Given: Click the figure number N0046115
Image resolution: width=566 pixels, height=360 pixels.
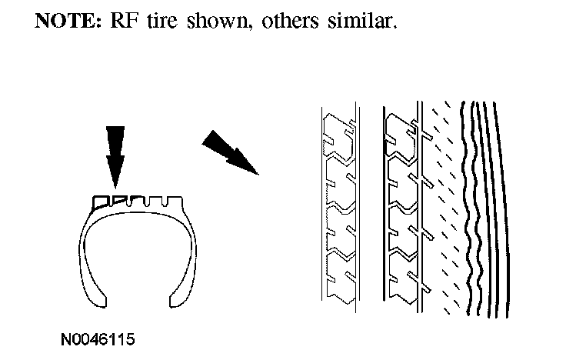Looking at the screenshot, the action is [101, 338].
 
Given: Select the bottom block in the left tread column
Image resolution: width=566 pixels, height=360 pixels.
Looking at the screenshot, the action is [339, 276].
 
